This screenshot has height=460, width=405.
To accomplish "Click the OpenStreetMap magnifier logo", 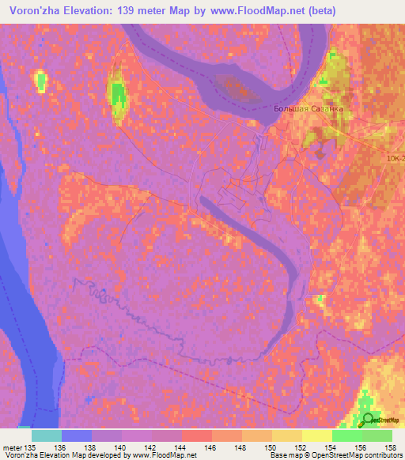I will (367, 420).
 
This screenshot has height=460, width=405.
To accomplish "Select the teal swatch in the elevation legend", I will (47, 435).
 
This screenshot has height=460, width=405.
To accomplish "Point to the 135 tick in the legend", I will (30, 447).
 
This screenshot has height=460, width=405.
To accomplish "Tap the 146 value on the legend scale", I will (210, 447).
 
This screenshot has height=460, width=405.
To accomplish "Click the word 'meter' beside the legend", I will (11, 447).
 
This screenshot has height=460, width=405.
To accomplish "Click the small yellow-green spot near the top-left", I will (40, 80).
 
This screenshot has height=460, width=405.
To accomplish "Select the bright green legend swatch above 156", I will (347, 435).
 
